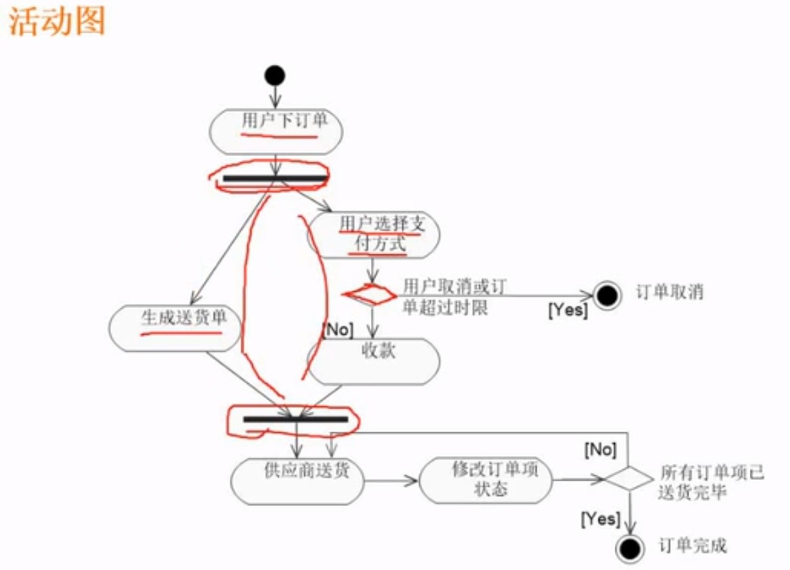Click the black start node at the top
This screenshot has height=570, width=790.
[x=275, y=74]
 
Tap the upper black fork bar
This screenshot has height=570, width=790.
[x=275, y=179]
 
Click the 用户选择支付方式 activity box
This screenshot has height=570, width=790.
[x=374, y=235]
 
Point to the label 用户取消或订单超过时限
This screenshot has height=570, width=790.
[x=454, y=297]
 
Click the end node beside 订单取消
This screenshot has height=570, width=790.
[x=607, y=295]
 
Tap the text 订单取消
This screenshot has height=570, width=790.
[x=669, y=293]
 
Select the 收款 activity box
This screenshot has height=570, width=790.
[x=374, y=361]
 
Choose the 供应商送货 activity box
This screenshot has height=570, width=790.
[x=297, y=481]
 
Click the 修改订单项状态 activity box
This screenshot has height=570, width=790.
[x=485, y=480]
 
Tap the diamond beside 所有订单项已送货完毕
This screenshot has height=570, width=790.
[x=628, y=478]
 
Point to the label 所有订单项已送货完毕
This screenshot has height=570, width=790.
[x=711, y=481]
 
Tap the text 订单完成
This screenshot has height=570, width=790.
[x=693, y=545]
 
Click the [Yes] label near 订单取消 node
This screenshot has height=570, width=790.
[x=568, y=310]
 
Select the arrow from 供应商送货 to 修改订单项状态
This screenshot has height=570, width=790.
[x=391, y=481]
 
